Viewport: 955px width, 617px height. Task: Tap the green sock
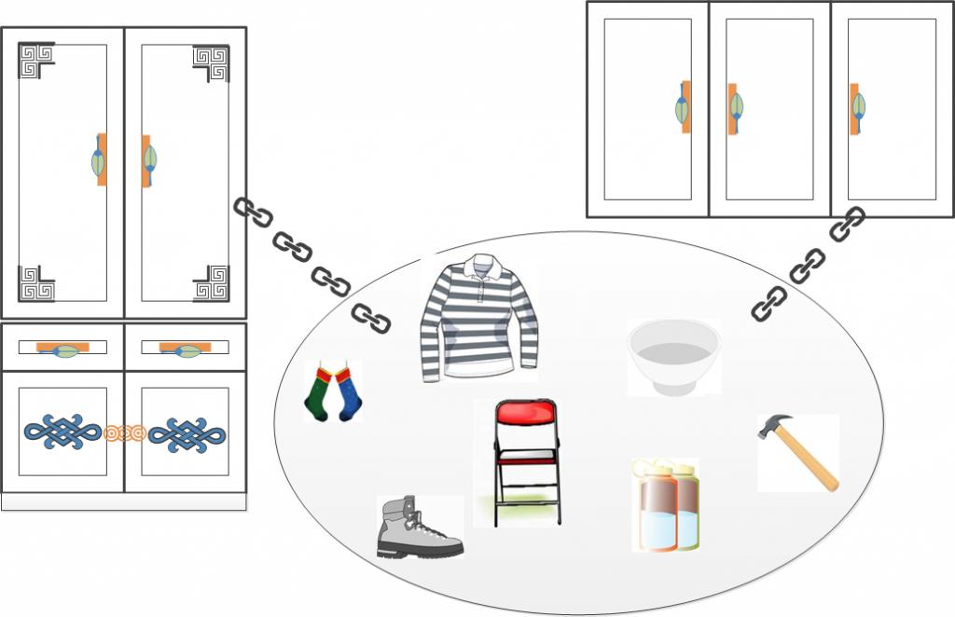pos(320,393)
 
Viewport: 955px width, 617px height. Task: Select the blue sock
pos(350,393)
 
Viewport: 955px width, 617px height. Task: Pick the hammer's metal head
pos(774,428)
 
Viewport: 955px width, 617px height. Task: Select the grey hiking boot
pos(417,528)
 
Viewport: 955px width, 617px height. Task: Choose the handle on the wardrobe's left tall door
pos(99,159)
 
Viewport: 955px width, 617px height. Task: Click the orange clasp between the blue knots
pos(125,432)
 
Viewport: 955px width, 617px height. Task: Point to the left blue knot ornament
pos(62,432)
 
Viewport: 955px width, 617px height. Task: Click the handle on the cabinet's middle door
pos(735,108)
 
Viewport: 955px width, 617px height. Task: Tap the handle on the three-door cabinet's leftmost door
pos(684,106)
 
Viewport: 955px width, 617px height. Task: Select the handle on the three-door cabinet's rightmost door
pos(856,107)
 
